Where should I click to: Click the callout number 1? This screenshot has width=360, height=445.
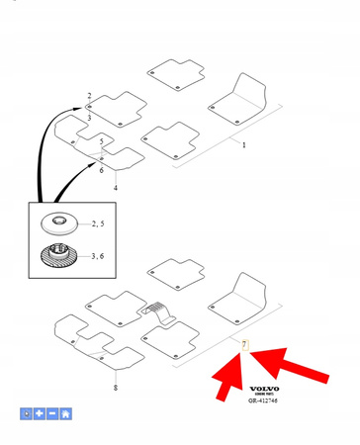point(244,144)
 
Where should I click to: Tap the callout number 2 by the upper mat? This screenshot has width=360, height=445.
point(89,96)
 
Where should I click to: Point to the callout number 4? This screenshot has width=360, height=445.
point(116,187)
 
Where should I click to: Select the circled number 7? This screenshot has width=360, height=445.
point(244,344)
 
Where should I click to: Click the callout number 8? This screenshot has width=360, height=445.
point(116,389)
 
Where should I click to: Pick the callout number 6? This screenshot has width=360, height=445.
point(101,170)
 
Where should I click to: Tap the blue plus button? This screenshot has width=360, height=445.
point(40,413)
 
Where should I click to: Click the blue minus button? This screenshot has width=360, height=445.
point(52,413)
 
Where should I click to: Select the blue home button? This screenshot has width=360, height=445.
point(65,413)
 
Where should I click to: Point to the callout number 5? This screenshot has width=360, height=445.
point(101,142)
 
